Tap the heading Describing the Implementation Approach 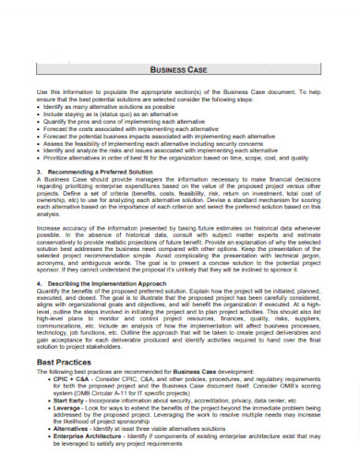[110, 283]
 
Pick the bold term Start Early [70, 401]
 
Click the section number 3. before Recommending [39, 171]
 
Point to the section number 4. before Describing [39, 283]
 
